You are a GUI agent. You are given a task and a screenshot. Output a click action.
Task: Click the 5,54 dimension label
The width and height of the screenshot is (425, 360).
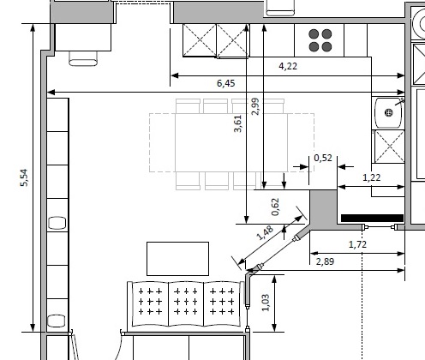tap(25, 177)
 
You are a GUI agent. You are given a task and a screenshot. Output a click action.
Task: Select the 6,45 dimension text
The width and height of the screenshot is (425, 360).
tap(226, 83)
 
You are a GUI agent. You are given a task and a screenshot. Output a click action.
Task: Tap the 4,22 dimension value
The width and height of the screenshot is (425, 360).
tap(288, 66)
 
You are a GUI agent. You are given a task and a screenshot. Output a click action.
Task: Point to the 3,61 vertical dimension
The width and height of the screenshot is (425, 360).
tap(237, 123)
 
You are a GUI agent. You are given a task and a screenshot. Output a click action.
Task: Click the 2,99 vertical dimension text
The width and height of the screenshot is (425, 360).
tap(255, 106)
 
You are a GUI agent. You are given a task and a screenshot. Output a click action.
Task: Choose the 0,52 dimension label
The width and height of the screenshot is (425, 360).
tap(323, 158)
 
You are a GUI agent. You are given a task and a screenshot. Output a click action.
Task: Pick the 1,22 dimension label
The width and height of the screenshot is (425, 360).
tap(372, 177)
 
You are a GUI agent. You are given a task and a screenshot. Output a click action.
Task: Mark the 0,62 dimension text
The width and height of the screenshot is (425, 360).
tap(275, 207)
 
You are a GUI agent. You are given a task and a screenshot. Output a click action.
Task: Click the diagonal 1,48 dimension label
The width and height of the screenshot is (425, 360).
tap(265, 233)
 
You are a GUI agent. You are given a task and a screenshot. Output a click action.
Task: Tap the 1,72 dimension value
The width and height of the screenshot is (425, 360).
tap(357, 244)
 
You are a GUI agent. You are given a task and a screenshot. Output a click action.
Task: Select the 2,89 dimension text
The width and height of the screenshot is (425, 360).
tap(326, 261)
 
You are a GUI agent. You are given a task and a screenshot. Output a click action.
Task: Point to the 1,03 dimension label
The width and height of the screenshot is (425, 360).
tap(266, 303)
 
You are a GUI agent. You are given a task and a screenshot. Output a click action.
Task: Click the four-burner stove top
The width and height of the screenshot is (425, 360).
tap(320, 40)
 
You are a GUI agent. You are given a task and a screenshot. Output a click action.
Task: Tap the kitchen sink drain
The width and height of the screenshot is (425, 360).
tap(389, 112)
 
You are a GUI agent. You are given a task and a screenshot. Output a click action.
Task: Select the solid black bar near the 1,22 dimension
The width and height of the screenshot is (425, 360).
tap(372, 218)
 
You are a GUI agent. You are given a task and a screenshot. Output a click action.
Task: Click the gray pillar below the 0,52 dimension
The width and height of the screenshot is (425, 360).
tap(323, 209)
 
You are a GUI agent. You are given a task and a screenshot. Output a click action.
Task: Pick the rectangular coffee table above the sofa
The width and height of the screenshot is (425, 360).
tap(177, 259)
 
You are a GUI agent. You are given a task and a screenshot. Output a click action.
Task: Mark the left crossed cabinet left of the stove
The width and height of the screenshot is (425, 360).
tap(200, 40)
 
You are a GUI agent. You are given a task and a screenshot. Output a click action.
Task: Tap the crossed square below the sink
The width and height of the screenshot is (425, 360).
tap(390, 147)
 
